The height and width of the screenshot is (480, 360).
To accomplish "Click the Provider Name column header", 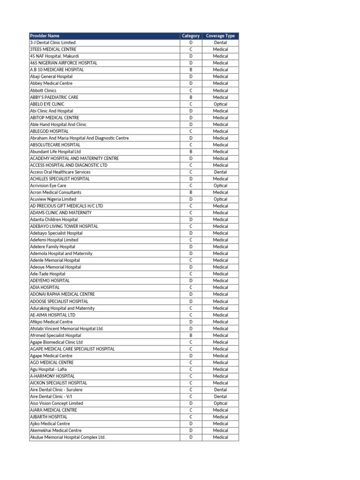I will (x=45, y=36).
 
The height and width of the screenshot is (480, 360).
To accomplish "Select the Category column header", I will (x=191, y=36).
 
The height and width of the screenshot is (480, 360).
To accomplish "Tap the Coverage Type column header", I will (x=220, y=36).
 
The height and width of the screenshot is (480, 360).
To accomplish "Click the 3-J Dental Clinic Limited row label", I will (x=52, y=43).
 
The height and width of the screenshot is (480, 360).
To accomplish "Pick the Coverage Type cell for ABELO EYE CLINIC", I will (x=220, y=104).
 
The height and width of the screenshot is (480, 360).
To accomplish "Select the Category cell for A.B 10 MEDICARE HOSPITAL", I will (x=191, y=70).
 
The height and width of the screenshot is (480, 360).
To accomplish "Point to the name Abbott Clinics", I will (x=43, y=90).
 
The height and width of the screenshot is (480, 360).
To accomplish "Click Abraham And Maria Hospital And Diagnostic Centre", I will (x=79, y=138).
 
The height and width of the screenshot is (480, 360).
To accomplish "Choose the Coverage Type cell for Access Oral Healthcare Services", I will (x=220, y=172).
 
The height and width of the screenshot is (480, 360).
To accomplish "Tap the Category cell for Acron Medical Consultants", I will (x=191, y=192).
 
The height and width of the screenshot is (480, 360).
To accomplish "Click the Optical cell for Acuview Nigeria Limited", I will (x=220, y=199).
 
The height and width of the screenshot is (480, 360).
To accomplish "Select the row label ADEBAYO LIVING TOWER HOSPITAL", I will (x=64, y=226).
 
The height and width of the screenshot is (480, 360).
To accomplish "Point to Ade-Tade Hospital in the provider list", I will (x=48, y=274).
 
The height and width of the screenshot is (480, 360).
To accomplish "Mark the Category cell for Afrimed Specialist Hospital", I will (x=191, y=335).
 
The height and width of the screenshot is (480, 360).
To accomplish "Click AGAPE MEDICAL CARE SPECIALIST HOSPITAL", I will (x=72, y=349).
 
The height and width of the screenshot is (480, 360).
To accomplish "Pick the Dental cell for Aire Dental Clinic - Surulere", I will (x=220, y=390).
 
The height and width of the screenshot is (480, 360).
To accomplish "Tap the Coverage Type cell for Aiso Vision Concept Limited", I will (x=220, y=403).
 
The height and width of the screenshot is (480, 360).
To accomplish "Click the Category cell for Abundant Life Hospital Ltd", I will (x=191, y=152).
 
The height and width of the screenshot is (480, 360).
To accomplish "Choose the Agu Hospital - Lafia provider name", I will (x=48, y=369).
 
